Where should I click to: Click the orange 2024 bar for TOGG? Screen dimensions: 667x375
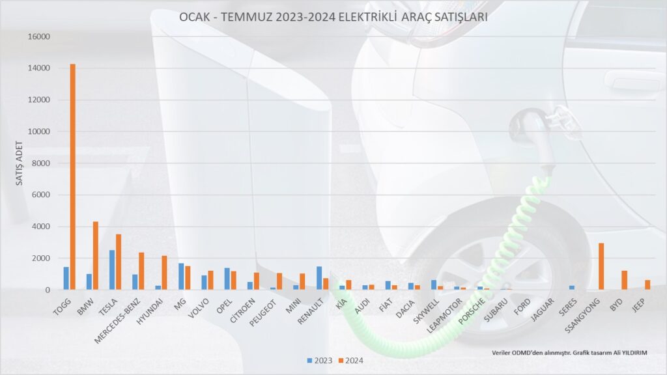(x=73, y=177)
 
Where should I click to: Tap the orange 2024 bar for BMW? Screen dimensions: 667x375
(x=96, y=255)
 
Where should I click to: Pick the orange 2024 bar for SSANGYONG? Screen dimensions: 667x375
(x=601, y=266)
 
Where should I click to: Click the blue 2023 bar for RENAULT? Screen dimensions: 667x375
(x=319, y=278)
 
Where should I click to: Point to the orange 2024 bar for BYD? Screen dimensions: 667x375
(x=624, y=280)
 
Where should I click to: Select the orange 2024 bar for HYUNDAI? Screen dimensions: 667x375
(x=165, y=273)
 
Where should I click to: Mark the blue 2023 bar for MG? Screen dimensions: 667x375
(x=181, y=276)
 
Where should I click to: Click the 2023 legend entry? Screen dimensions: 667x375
(x=319, y=361)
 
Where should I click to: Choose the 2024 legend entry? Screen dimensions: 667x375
(x=350, y=361)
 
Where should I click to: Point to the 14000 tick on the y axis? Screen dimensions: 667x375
(x=38, y=68)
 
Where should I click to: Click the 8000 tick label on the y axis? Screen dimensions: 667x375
(x=41, y=163)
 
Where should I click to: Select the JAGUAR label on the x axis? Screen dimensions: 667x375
(x=543, y=309)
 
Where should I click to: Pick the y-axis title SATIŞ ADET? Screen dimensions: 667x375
(x=19, y=163)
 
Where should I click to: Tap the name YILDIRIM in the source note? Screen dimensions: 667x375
(x=634, y=353)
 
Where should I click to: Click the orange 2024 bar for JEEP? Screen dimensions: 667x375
(x=647, y=285)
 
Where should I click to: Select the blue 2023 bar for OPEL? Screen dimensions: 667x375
(x=227, y=279)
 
